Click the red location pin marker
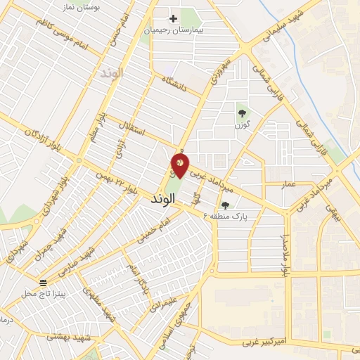coord(180,165)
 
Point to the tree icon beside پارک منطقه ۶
coord(225,205)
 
